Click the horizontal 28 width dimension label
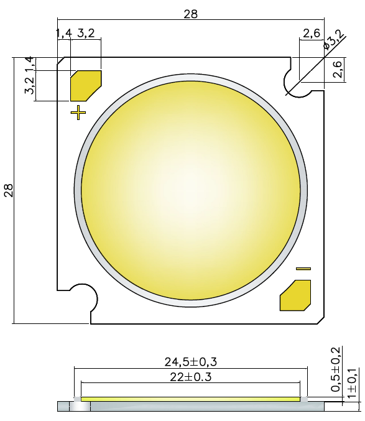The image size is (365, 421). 190,14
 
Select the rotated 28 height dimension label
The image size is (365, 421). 9,190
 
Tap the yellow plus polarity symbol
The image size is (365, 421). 78,113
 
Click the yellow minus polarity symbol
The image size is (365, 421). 303,269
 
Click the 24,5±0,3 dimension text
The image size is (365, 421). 190,361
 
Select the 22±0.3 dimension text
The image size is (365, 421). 190,377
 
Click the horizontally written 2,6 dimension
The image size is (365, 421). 312,33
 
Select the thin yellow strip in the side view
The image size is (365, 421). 190,399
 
